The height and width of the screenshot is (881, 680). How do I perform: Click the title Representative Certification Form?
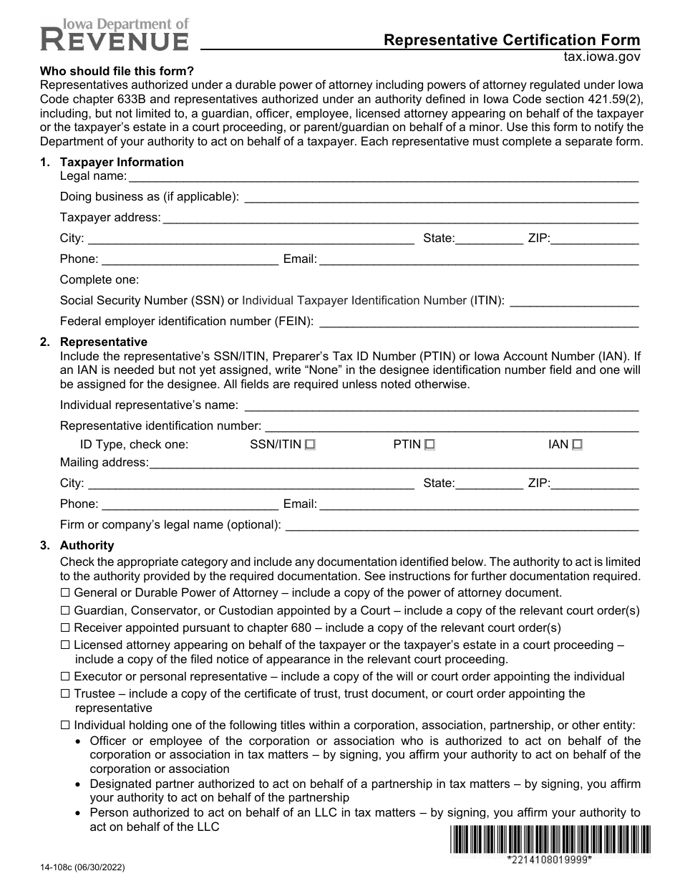(512, 40)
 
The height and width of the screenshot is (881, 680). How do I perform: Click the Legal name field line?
(383, 176)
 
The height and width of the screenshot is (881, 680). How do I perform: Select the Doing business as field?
(441, 197)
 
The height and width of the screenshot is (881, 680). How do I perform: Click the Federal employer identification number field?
(478, 322)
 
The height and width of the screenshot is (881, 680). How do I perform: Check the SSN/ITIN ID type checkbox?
(310, 445)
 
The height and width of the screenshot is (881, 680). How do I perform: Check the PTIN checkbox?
(429, 445)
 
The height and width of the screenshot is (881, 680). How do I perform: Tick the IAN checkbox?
(577, 445)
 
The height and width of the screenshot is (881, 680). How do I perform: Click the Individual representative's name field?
(441, 405)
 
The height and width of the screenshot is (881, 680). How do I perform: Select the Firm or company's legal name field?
(462, 525)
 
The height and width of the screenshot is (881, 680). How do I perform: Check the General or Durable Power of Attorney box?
(65, 593)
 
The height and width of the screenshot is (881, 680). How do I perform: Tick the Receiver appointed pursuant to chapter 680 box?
(65, 628)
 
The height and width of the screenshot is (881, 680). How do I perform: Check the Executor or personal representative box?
(65, 677)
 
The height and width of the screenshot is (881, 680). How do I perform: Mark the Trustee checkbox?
(65, 694)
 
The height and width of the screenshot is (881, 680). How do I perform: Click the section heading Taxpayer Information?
(122, 163)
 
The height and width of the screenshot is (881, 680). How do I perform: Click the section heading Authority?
(87, 546)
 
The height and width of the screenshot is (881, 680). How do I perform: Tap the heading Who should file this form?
(116, 71)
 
